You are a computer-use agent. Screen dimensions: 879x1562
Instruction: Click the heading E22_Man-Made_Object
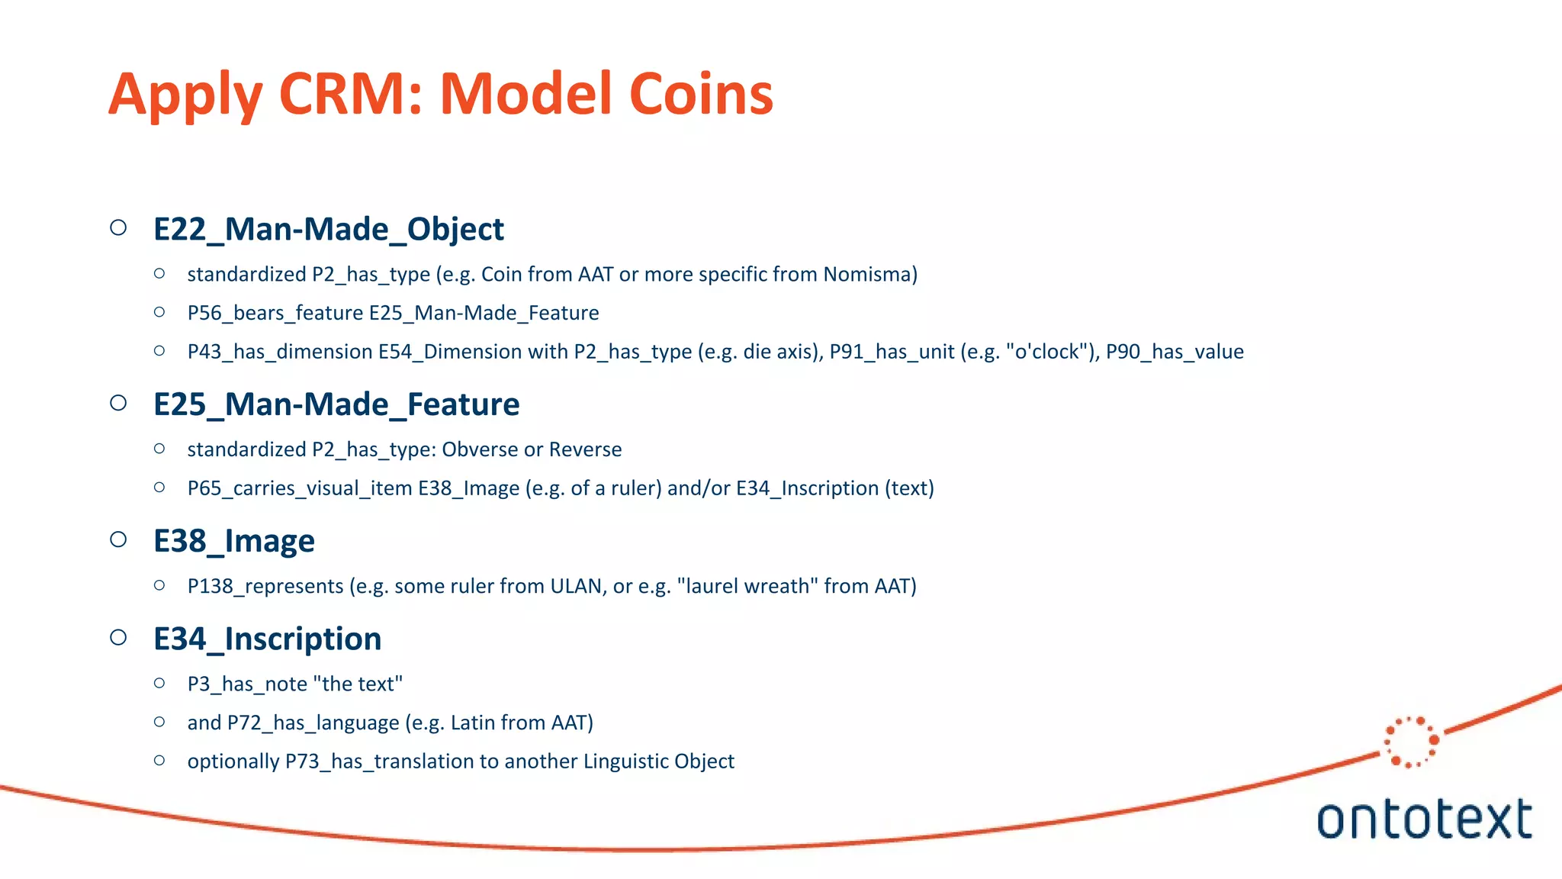click(329, 229)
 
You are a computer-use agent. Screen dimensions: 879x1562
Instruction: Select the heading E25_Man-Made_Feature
click(336, 404)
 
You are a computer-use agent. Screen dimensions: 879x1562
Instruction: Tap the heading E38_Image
click(233, 541)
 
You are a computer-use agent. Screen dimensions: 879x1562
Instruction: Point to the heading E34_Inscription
click(267, 639)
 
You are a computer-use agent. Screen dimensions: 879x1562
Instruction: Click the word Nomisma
click(867, 274)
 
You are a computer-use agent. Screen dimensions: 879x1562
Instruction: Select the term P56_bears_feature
click(275, 313)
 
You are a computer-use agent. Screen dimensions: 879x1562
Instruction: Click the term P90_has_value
click(1175, 352)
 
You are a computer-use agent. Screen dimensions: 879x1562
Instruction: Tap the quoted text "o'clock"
click(1046, 351)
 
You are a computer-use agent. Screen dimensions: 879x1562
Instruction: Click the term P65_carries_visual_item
click(300, 488)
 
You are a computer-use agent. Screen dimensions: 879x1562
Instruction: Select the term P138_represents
click(265, 586)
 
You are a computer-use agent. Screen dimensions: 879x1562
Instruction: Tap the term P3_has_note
click(247, 684)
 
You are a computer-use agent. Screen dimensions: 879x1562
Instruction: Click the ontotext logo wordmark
click(1424, 819)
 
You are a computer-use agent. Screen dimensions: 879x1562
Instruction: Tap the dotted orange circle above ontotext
click(1411, 741)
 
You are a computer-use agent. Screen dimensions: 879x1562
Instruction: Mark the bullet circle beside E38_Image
click(118, 539)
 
